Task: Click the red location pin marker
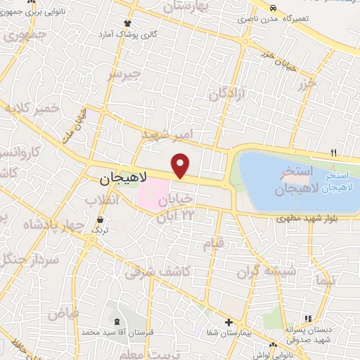click(x=181, y=165)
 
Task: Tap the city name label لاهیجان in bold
click(x=110, y=180)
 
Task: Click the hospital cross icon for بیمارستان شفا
click(x=228, y=323)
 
